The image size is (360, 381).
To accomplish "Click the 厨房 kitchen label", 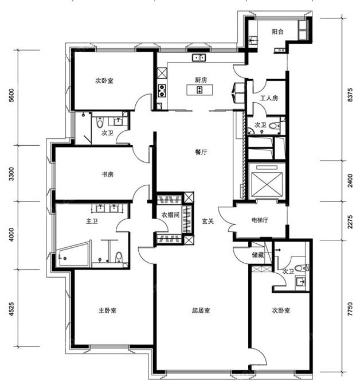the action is click(201, 80).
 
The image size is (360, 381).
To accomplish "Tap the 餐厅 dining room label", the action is click(201, 152).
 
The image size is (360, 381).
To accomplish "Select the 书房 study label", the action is click(108, 174).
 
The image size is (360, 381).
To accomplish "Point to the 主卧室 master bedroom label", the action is click(108, 310).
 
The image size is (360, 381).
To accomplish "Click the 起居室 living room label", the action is click(201, 310).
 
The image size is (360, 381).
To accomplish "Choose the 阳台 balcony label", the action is click(277, 32).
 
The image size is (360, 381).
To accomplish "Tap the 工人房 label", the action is click(269, 98).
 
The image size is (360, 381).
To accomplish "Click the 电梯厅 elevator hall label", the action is click(260, 220).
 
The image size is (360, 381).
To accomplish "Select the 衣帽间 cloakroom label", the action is click(170, 215).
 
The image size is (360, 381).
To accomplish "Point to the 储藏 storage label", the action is click(258, 255).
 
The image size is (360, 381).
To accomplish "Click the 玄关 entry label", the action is click(208, 221).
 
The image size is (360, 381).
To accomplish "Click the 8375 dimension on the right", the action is click(350, 95).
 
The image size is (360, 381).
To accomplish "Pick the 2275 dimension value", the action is click(350, 221).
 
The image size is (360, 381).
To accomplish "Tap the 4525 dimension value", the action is click(11, 309).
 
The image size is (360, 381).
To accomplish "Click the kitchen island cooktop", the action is click(199, 90).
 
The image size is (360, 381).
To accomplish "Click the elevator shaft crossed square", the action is click(267, 184).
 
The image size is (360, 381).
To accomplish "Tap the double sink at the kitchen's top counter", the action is click(199, 57).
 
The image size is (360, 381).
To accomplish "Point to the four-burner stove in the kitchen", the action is click(162, 91).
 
